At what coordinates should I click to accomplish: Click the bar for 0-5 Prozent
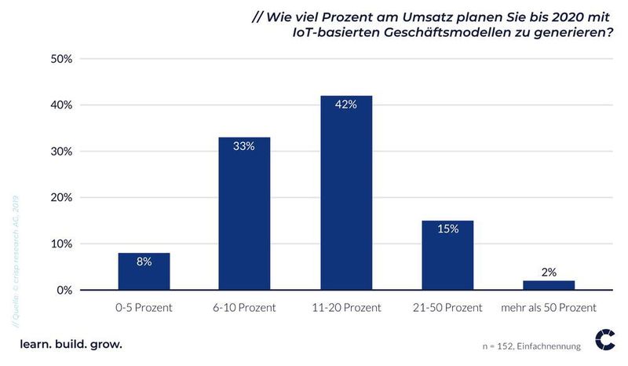coord(144,271)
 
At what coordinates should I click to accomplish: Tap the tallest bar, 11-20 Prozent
coord(346,193)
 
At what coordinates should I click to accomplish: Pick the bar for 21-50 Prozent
coord(447,255)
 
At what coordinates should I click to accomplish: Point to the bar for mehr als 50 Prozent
coord(549,285)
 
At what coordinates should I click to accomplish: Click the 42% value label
coord(346,105)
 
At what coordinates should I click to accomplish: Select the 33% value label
coord(245,146)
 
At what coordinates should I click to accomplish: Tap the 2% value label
coord(549,272)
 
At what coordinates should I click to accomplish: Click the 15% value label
coord(447,229)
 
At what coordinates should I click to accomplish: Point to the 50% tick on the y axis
coord(62,59)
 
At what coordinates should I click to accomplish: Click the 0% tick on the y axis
coord(65,290)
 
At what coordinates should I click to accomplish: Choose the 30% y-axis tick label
coord(62,151)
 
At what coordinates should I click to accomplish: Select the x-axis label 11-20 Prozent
coord(346,307)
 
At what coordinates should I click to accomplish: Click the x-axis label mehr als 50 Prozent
coord(549,307)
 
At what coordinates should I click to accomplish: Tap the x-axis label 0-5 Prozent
coord(144,307)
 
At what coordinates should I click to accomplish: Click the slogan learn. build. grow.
coord(71,344)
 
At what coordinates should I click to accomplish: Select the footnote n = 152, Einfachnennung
coord(531,346)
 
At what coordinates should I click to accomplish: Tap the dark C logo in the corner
coord(605,339)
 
